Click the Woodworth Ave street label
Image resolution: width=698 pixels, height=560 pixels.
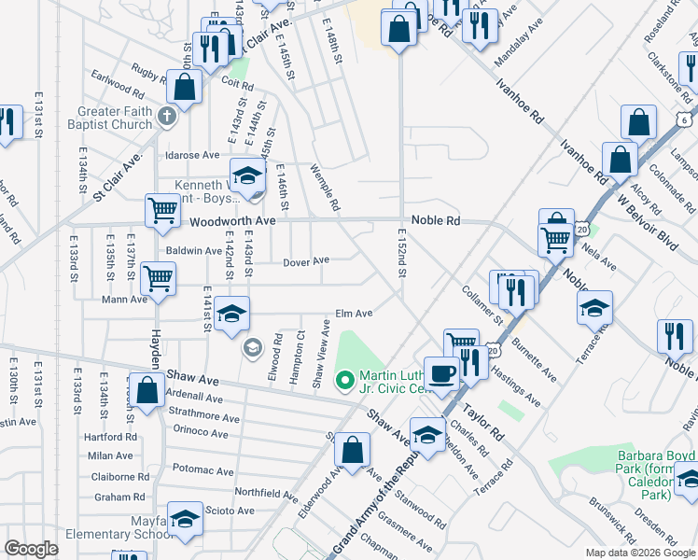232,221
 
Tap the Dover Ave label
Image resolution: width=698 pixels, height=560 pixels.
306,262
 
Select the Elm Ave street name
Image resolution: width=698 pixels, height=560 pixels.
354,314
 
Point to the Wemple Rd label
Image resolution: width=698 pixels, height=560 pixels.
325,187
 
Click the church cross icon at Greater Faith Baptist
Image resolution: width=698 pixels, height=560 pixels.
166,117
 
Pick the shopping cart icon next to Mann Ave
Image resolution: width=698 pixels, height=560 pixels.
157,276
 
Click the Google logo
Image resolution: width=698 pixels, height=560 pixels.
32,550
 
